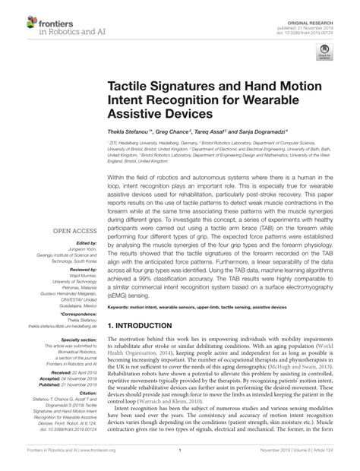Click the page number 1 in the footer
179,450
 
